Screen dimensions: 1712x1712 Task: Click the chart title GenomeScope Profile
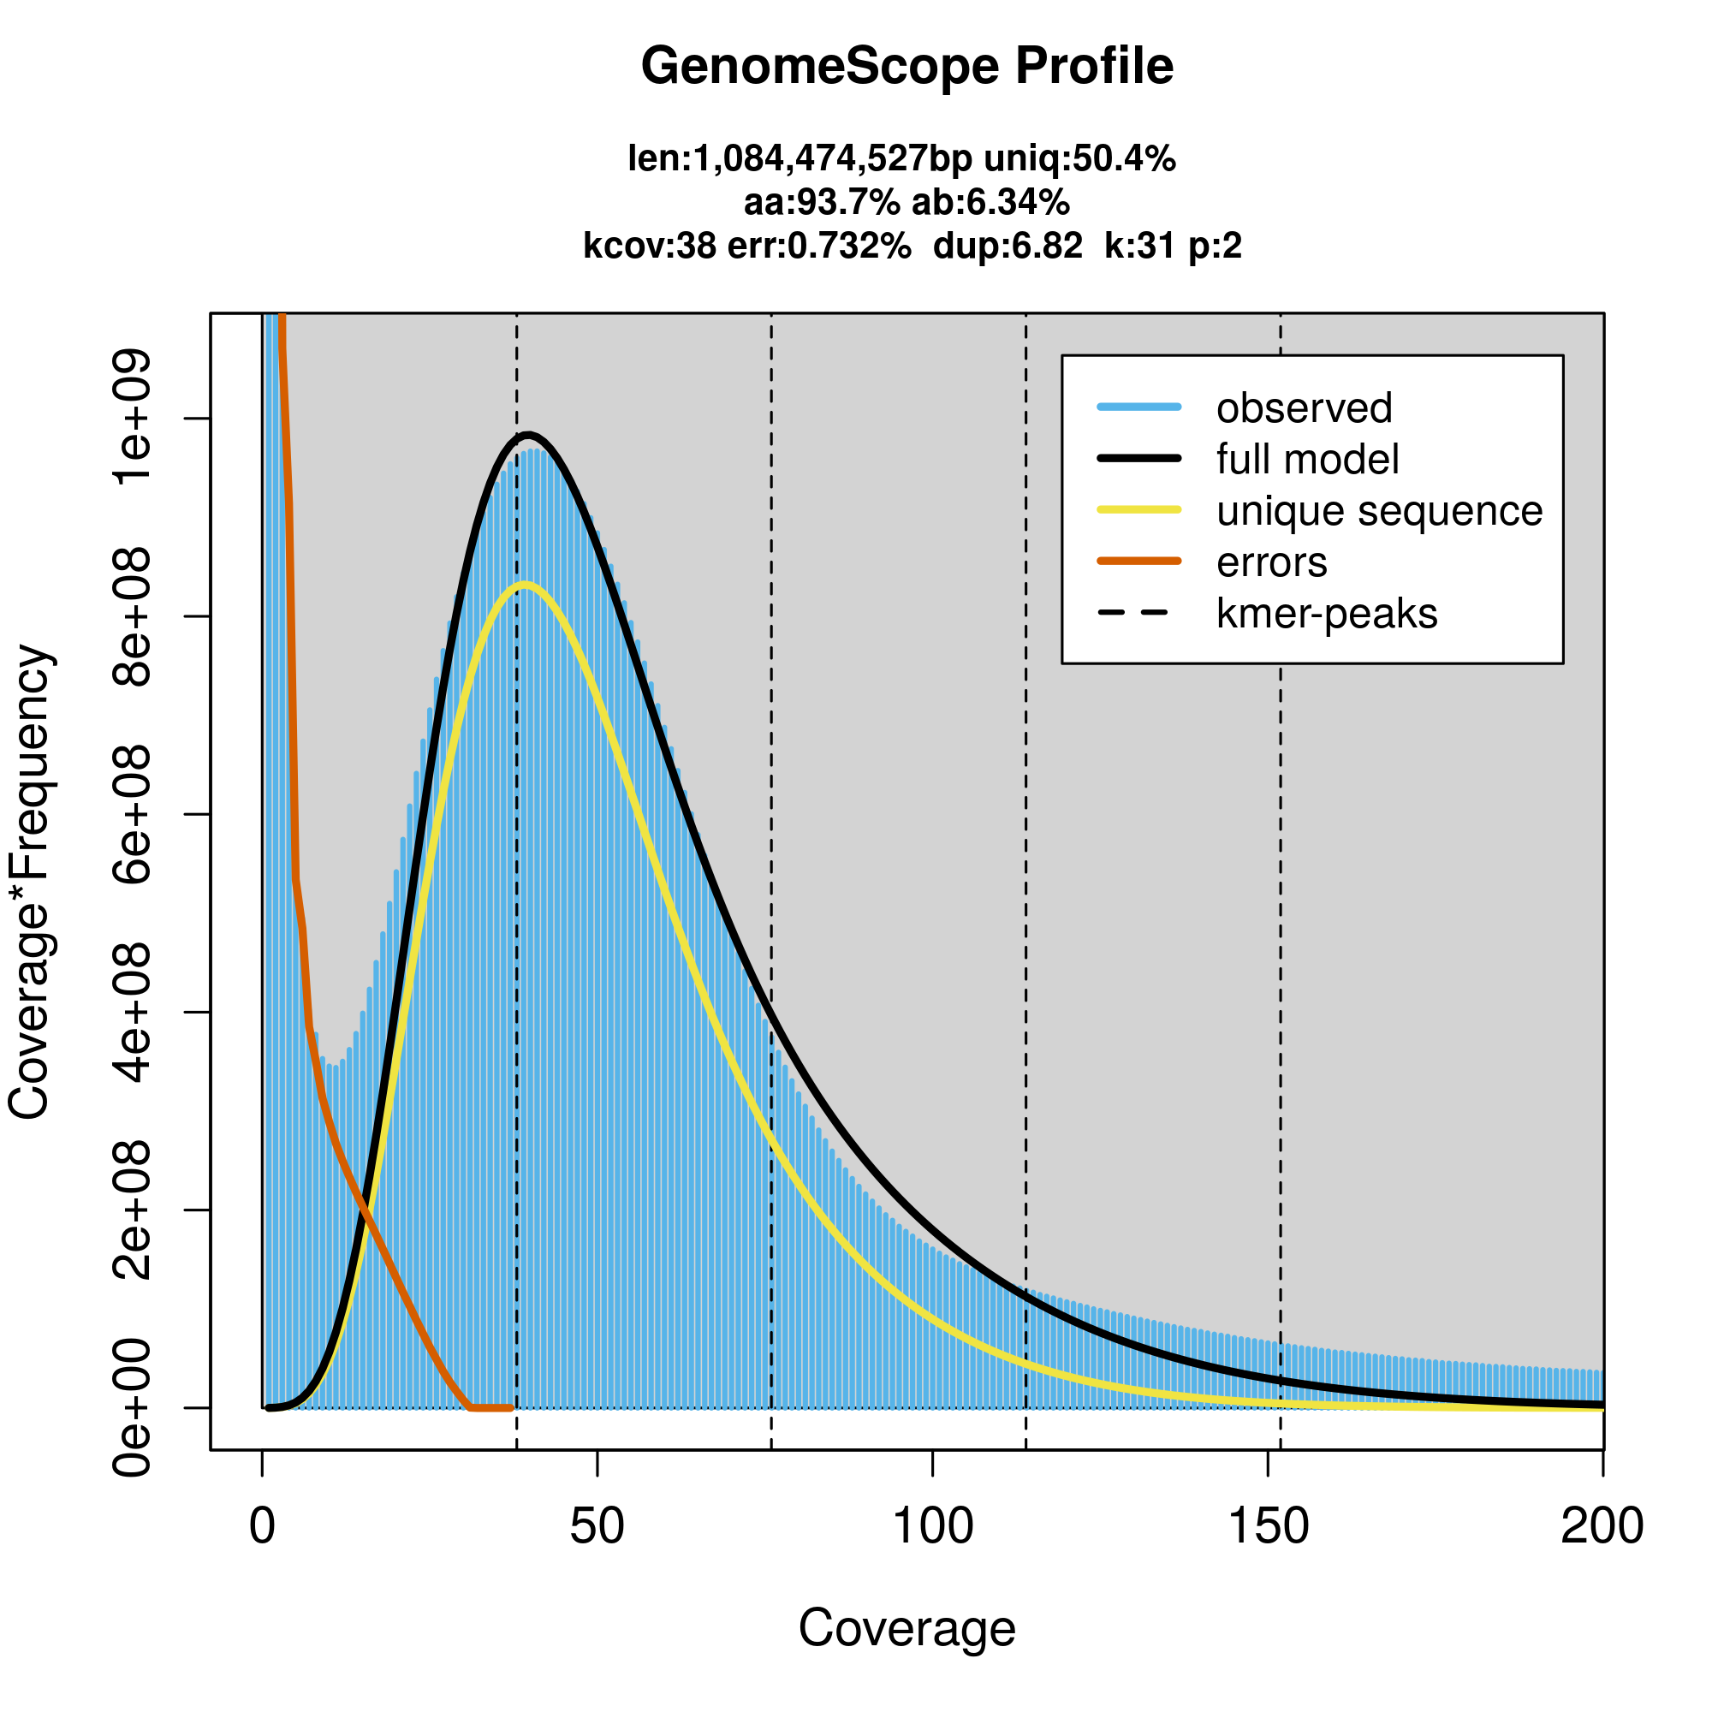pyautogui.click(x=907, y=67)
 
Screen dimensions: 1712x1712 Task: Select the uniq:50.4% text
pyautogui.click(x=1079, y=159)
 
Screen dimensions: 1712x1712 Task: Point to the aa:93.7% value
pyautogui.click(x=822, y=203)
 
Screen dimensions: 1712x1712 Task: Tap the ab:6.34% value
pyautogui.click(x=990, y=203)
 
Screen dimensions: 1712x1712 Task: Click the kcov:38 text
pyautogui.click(x=650, y=246)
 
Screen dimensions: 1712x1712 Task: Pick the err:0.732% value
pyautogui.click(x=819, y=246)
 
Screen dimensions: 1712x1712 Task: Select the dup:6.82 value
pyautogui.click(x=1008, y=246)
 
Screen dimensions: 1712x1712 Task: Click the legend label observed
pyautogui.click(x=1304, y=408)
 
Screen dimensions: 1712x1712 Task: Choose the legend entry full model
pyautogui.click(x=1307, y=460)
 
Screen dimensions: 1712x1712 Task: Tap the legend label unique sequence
pyautogui.click(x=1379, y=511)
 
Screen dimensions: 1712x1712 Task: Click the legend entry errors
pyautogui.click(x=1272, y=562)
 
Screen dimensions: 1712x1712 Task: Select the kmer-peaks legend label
pyautogui.click(x=1327, y=614)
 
